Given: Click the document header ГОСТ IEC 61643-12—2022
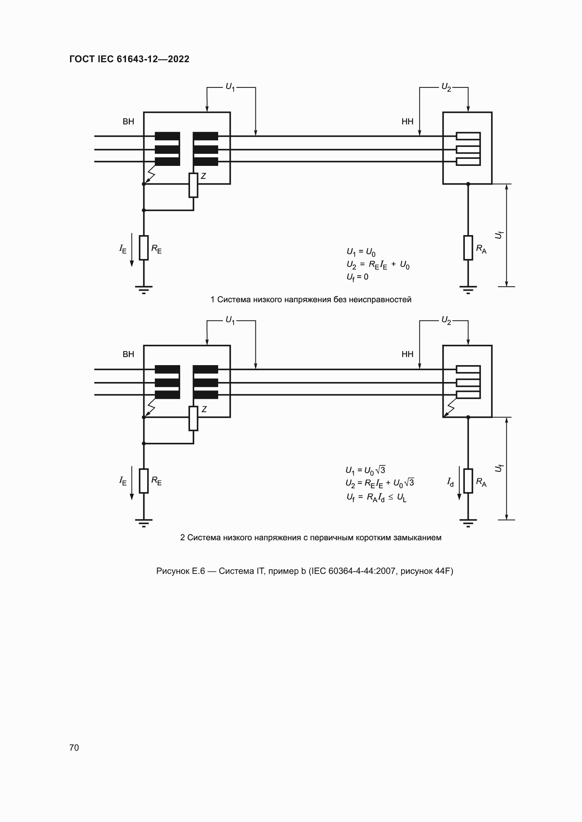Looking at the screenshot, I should point(129,59).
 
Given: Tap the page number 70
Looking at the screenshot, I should point(74,747).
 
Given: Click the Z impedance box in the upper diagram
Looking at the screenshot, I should point(193,185).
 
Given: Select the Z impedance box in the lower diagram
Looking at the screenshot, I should point(193,419).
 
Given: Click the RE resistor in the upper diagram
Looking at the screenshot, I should point(144,248).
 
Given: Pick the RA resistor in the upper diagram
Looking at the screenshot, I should point(468,248).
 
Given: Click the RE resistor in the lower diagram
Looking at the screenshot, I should point(144,481).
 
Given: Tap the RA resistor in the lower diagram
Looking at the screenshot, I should point(468,481).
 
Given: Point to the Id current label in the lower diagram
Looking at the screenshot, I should point(450,482).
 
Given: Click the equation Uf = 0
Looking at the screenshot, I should point(357,277).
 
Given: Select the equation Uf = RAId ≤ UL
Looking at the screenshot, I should point(376,497).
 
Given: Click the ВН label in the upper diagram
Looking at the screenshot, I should point(128,122).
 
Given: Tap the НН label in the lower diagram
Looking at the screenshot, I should point(407,355).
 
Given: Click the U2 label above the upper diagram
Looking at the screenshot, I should point(446,87).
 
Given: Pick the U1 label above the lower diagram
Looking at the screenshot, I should point(230,320).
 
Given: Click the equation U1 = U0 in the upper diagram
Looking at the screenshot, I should point(361,252).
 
